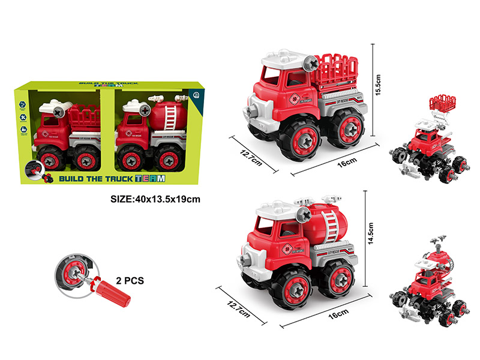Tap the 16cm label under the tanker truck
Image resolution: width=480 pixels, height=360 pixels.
pyautogui.click(x=338, y=313)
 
